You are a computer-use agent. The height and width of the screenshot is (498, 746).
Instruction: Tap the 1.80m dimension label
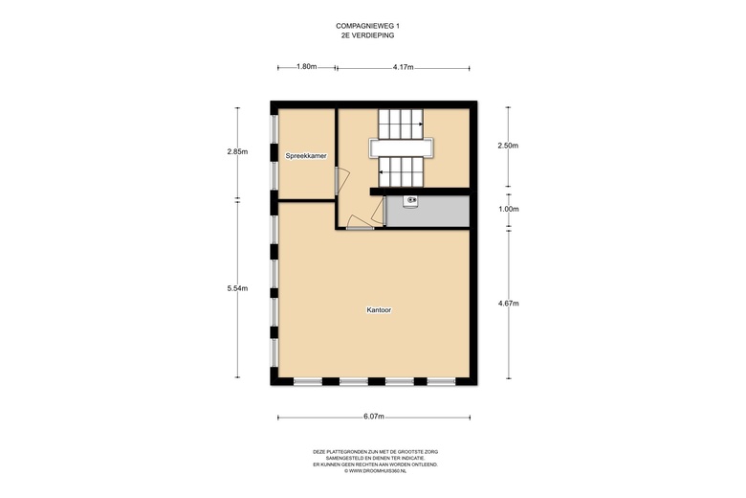(x=306, y=67)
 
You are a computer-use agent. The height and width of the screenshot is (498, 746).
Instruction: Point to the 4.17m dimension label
(x=403, y=67)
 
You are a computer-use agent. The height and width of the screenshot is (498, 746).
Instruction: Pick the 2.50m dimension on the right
(x=508, y=146)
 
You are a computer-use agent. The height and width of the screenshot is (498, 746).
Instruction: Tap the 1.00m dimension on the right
(x=508, y=209)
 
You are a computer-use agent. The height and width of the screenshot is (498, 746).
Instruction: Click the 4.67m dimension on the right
(x=508, y=304)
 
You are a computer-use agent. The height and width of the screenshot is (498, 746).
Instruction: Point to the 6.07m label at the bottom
(x=373, y=417)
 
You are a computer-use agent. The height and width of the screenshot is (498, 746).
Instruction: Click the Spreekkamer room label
(x=306, y=155)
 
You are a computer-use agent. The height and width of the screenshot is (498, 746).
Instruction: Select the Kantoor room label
(x=380, y=310)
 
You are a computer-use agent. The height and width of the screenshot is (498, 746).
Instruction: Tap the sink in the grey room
(x=410, y=200)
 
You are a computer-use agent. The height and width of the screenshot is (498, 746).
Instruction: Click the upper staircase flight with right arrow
(x=400, y=123)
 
